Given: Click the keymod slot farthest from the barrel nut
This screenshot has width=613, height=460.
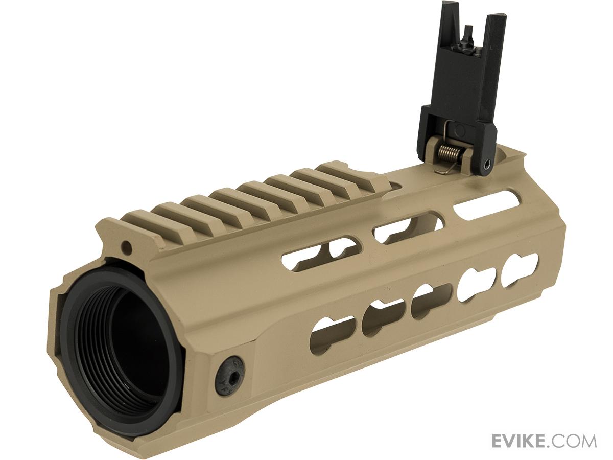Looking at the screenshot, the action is pyautogui.click(x=520, y=267).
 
